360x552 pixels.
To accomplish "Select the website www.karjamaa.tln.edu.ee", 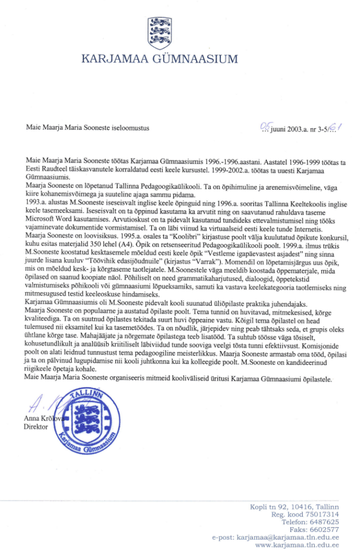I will point(296,545).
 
